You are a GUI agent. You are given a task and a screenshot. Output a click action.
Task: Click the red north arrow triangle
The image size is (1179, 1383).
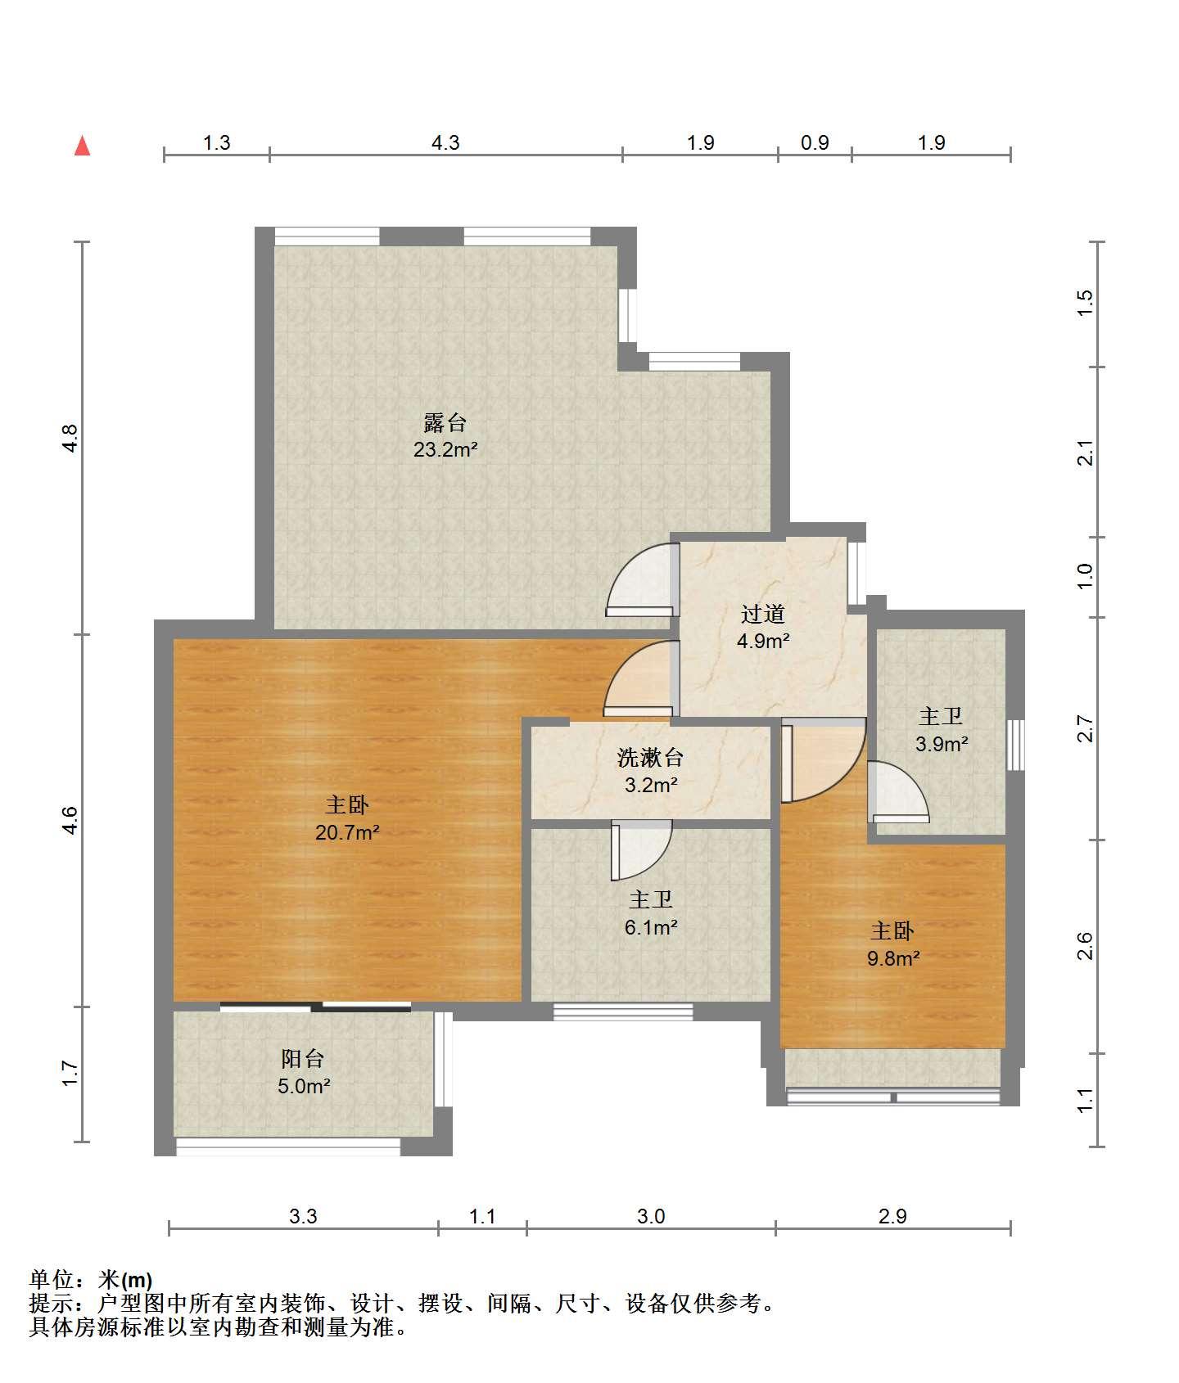click(82, 146)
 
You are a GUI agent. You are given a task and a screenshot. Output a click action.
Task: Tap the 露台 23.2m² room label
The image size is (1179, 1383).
click(445, 436)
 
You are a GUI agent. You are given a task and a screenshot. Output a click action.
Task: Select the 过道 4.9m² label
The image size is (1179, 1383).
click(763, 627)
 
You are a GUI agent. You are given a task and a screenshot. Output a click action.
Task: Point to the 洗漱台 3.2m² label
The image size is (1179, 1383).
click(650, 771)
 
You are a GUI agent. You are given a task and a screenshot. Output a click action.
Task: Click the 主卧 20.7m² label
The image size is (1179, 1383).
click(347, 819)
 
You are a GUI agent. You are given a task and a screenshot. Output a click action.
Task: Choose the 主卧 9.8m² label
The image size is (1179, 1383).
click(893, 944)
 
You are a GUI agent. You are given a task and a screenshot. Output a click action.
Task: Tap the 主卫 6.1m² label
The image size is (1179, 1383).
click(651, 913)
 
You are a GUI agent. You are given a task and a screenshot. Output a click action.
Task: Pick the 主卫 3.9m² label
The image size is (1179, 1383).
click(941, 730)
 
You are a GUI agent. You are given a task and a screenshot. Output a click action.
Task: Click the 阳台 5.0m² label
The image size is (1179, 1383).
click(304, 1072)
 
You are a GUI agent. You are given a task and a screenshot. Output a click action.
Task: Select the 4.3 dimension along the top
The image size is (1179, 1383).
click(445, 143)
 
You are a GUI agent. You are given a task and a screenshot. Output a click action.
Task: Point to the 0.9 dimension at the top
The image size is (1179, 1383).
click(815, 143)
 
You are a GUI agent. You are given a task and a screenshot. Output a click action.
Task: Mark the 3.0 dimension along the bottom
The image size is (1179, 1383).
click(651, 1217)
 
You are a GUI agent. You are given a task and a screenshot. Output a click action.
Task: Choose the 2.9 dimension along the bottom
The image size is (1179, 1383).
click(892, 1217)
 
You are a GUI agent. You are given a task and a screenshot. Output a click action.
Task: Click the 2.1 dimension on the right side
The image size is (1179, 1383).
click(1085, 453)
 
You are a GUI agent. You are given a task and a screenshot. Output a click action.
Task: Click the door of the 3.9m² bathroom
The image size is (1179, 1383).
click(898, 792)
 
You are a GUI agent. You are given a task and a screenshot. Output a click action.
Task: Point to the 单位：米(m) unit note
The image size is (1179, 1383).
click(91, 1280)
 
